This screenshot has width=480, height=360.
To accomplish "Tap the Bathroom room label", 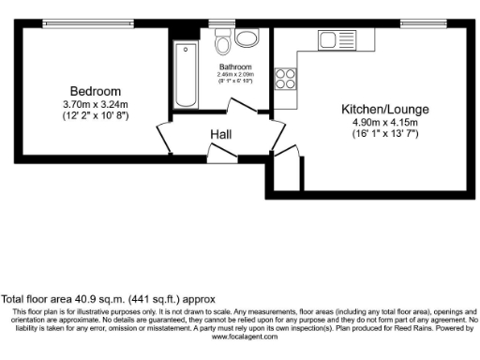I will pos(235,67).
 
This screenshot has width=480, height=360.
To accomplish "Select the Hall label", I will pos(221,135).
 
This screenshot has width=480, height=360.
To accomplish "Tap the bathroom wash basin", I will pos(248,38).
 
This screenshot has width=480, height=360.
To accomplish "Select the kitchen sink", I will pos(333,40).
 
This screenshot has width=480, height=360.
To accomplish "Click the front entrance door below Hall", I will pos(216,153).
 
